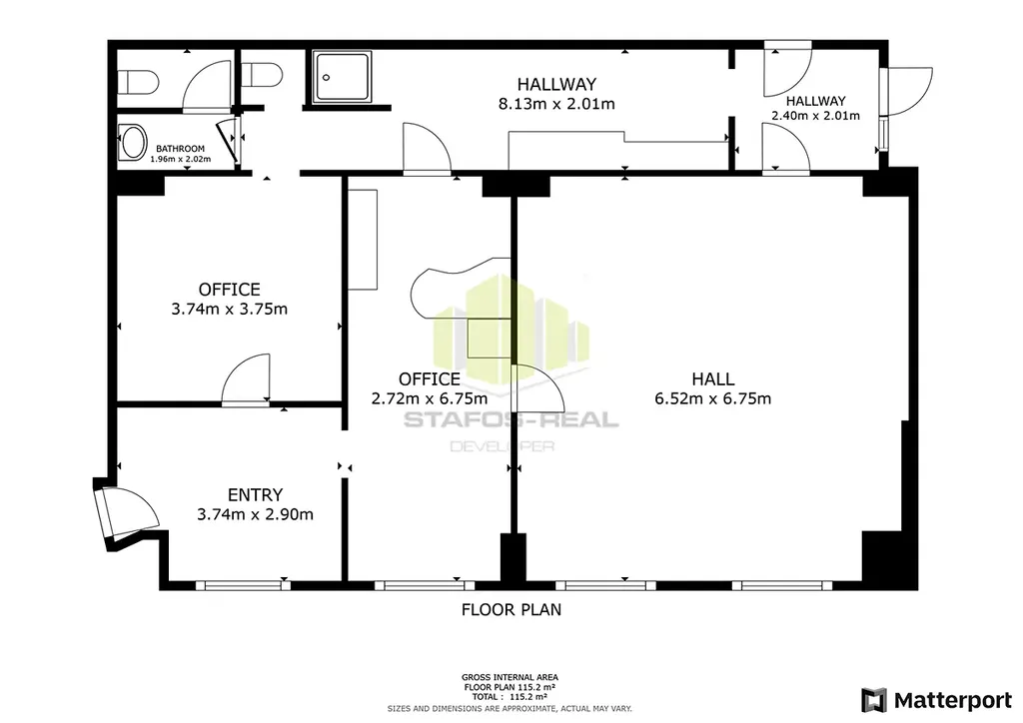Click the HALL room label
[x=713, y=378]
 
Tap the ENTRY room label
[x=255, y=495]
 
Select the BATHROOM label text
[x=180, y=149]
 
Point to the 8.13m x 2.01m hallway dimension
[x=556, y=104]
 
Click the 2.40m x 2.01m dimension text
[x=815, y=116]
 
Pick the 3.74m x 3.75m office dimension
[x=229, y=309]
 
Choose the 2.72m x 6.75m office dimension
[x=430, y=398]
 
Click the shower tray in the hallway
[x=342, y=77]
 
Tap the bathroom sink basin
[x=133, y=143]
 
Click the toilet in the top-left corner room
[x=138, y=83]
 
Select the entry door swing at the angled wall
[x=125, y=513]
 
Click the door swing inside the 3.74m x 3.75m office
[x=246, y=381]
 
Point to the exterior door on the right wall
[x=906, y=92]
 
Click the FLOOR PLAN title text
[x=511, y=609]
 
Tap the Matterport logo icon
[x=874, y=700]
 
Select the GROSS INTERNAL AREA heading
[x=510, y=677]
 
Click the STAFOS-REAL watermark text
[x=511, y=419]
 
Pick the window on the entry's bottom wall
[x=243, y=585]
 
